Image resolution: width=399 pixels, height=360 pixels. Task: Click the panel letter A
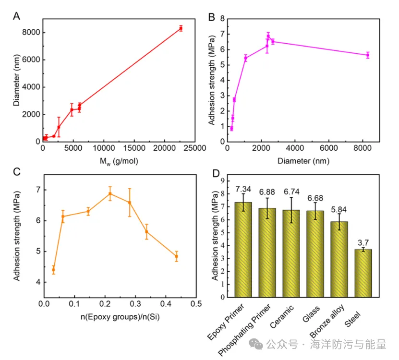click(16, 16)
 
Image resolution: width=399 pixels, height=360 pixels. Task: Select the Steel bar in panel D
click(363, 273)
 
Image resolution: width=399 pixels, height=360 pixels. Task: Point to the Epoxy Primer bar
click(243, 249)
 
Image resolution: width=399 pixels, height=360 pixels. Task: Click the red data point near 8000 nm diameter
click(181, 28)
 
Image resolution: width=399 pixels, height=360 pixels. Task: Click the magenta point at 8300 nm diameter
click(368, 55)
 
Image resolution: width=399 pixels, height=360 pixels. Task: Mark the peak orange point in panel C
click(110, 194)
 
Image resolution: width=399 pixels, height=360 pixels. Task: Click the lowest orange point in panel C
click(53, 270)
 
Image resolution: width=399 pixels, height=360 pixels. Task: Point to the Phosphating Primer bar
click(267, 252)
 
